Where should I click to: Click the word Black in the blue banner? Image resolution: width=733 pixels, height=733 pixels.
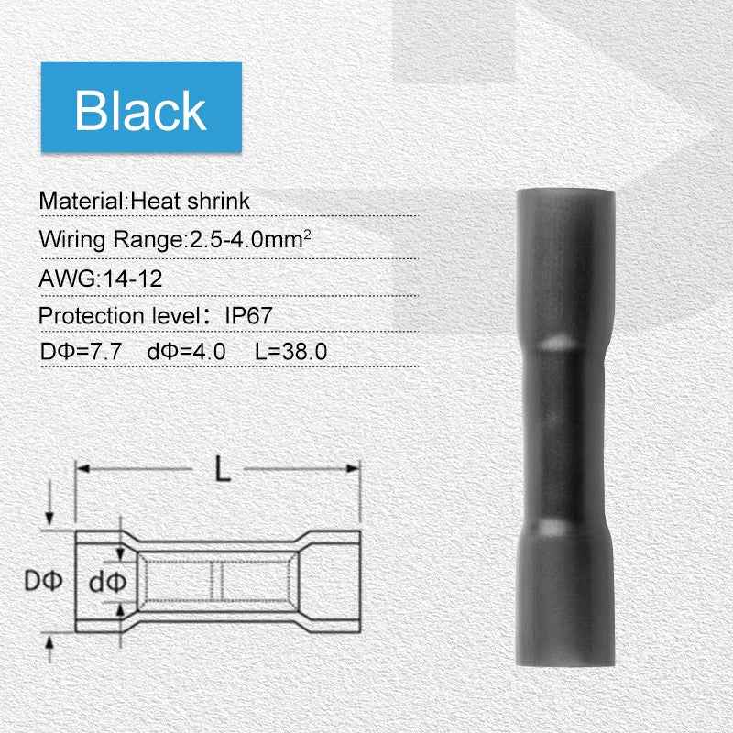pos(140,110)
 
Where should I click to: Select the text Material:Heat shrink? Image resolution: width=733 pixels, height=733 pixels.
pos(144,200)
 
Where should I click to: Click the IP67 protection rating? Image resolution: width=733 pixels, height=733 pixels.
pos(249,316)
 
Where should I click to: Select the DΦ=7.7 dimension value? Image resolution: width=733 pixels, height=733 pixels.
pos(82,351)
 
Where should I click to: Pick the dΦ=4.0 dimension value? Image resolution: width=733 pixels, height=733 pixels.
pos(186,351)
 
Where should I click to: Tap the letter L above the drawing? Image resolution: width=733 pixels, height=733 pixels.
pos(222,470)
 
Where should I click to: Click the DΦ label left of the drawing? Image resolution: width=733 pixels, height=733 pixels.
pos(41,581)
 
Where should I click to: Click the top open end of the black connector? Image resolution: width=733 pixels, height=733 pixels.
pos(564,195)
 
